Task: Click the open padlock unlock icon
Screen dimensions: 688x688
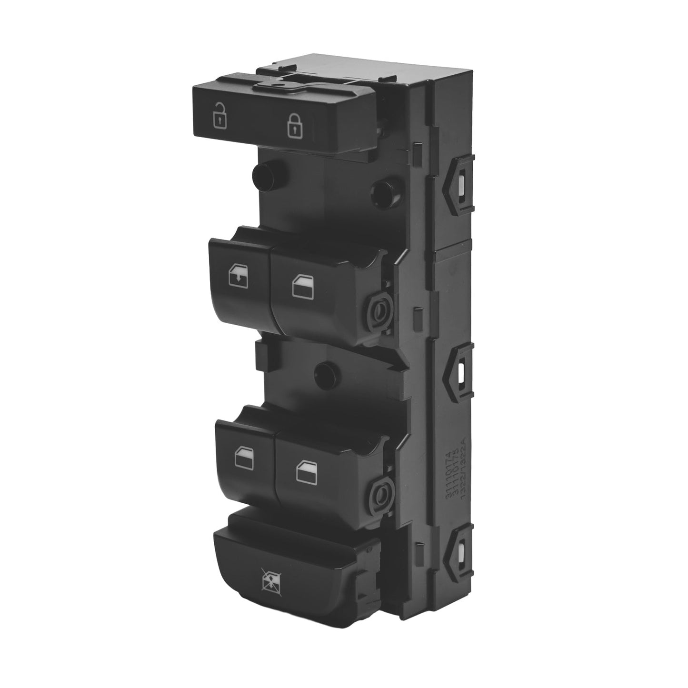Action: (x=219, y=114)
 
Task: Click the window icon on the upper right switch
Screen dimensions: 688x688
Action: (x=300, y=286)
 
